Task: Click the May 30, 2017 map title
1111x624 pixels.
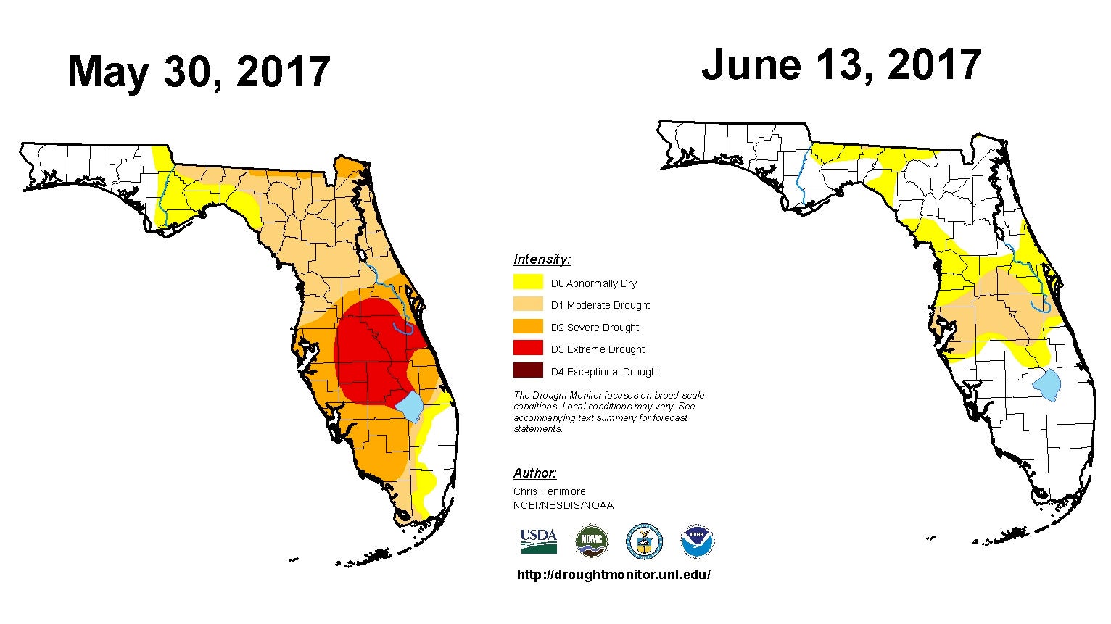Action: [199, 72]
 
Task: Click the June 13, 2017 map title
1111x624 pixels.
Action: [841, 66]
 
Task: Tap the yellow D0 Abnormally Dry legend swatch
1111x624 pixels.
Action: [528, 281]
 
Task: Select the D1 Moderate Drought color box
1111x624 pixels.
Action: [528, 304]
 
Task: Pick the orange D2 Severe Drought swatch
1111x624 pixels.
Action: [528, 326]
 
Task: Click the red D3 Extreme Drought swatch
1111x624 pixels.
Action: [528, 348]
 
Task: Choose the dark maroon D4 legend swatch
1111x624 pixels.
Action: [528, 370]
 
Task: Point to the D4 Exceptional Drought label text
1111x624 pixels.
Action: [605, 372]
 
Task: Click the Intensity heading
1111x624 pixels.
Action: [542, 259]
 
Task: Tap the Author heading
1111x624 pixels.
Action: [534, 473]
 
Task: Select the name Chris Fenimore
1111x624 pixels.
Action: [549, 491]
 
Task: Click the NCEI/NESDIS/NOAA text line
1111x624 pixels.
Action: [563, 505]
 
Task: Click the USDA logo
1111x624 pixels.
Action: [539, 541]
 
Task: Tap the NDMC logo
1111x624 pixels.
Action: [591, 541]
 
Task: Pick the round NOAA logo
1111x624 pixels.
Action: [697, 541]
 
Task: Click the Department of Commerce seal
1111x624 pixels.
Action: [644, 541]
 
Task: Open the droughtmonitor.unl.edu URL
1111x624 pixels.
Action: [614, 575]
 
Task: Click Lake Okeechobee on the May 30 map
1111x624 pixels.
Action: [410, 405]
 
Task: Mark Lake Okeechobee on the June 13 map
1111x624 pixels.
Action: [1046, 385]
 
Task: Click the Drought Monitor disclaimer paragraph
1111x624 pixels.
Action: [608, 412]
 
